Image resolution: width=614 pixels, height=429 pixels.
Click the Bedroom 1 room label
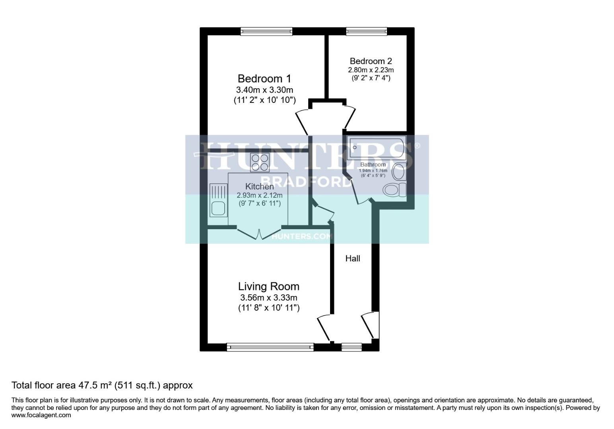point(264,78)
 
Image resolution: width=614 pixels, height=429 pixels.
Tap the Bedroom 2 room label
point(371,61)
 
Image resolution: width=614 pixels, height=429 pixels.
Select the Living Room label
point(268,286)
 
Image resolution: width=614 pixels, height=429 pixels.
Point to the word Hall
point(352,259)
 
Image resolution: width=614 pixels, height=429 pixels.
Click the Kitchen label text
point(259,186)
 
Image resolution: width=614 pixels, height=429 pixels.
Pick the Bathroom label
point(373,164)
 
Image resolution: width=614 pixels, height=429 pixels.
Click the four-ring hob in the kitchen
point(260,162)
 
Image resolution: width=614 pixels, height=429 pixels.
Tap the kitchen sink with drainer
point(218,201)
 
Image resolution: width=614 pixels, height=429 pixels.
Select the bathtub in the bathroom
point(376,148)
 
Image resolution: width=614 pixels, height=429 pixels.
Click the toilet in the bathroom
point(394,190)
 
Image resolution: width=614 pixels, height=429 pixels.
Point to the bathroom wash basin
point(398,172)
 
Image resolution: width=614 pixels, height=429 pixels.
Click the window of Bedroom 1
point(266,31)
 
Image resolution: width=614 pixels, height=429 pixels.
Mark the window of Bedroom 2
point(366,31)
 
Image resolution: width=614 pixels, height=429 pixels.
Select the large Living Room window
point(270,347)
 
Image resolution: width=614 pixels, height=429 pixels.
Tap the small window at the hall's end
point(352,347)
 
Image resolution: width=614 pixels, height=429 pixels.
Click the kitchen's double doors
point(259,233)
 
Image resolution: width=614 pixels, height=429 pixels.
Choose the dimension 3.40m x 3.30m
point(264,90)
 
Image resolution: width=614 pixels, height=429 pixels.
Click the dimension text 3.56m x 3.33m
point(268,298)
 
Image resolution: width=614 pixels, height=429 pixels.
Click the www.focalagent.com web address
point(41,415)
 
